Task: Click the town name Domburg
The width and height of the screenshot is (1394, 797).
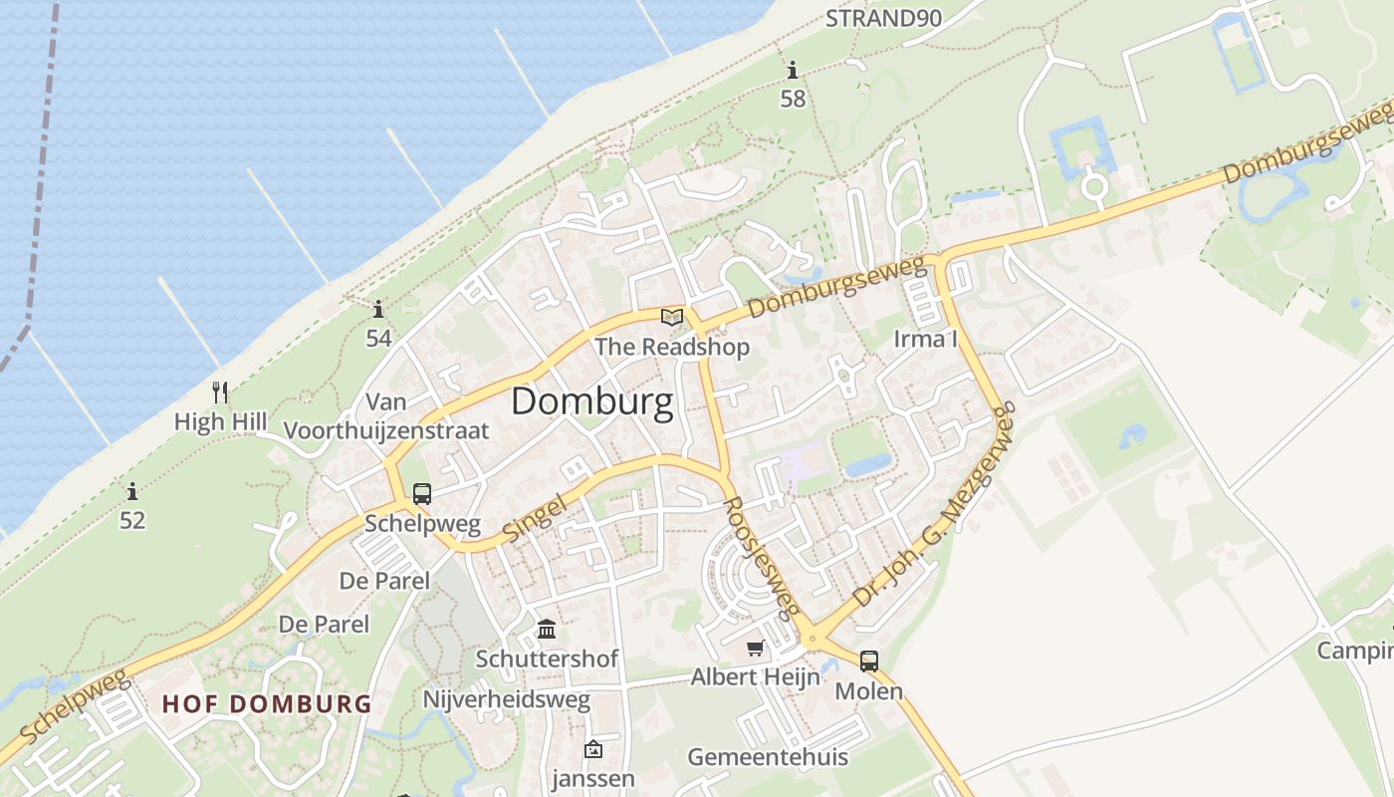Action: (x=592, y=401)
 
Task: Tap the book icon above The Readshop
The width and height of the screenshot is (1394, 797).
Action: (x=673, y=318)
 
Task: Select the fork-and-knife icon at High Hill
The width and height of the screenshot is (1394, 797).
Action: (x=220, y=392)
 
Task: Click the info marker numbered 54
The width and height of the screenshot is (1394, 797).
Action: (x=377, y=310)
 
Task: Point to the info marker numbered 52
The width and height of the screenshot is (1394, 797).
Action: (x=132, y=491)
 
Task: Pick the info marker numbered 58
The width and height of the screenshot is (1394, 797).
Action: (x=793, y=71)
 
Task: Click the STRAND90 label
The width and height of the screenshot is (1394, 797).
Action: (x=883, y=18)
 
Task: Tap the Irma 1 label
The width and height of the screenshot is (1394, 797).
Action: (x=925, y=339)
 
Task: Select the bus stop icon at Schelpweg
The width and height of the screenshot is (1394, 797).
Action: (x=422, y=493)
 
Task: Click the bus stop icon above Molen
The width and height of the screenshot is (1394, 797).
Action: (x=869, y=661)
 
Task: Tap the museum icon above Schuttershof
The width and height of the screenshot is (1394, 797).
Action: (x=547, y=630)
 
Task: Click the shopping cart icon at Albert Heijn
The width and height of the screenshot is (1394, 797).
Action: (x=756, y=649)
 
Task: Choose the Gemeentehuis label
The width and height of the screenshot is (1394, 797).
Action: (x=768, y=756)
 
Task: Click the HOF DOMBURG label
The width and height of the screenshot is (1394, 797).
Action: (x=267, y=703)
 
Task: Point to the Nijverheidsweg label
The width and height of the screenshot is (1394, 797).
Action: (x=507, y=699)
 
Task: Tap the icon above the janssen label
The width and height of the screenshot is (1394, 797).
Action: (x=593, y=749)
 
